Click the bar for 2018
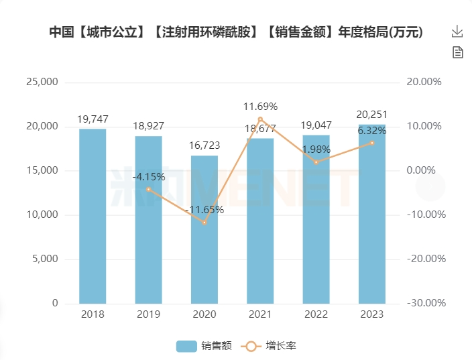pos(93,216)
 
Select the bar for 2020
pos(204,229)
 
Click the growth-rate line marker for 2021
pos(260,119)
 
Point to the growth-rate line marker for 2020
pos(204,222)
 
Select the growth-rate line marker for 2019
pos(148,189)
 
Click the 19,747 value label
pos(93,119)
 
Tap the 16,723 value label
pos(204,145)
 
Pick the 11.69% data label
pos(260,106)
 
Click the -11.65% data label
pos(204,209)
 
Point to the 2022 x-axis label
pos(316,314)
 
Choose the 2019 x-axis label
pos(148,314)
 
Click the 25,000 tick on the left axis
pos(42,82)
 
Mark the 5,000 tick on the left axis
pos(45,259)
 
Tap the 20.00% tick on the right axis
pos(424,82)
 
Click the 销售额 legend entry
pos(204,346)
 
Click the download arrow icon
pos(457,32)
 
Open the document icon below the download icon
pos(457,52)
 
